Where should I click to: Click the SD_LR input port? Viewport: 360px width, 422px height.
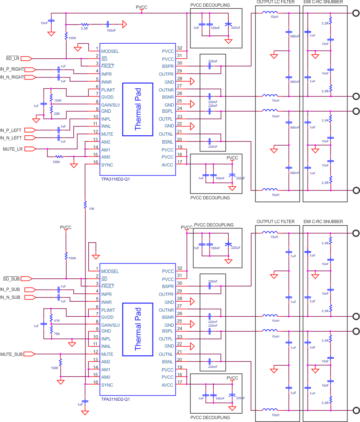(x=26, y=58)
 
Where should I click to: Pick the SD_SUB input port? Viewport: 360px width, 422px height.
(x=26, y=278)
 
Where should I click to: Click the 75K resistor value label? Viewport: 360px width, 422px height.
(x=57, y=334)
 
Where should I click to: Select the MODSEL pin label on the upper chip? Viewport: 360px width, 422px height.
(x=110, y=52)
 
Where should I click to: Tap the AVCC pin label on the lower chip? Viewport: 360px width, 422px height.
(x=167, y=385)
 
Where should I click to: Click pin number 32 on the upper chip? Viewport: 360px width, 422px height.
(x=180, y=48)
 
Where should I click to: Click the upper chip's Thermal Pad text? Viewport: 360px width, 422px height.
(x=138, y=109)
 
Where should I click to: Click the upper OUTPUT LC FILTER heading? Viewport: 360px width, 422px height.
(x=275, y=2)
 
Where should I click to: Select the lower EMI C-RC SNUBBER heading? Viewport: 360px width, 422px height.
(x=323, y=222)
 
